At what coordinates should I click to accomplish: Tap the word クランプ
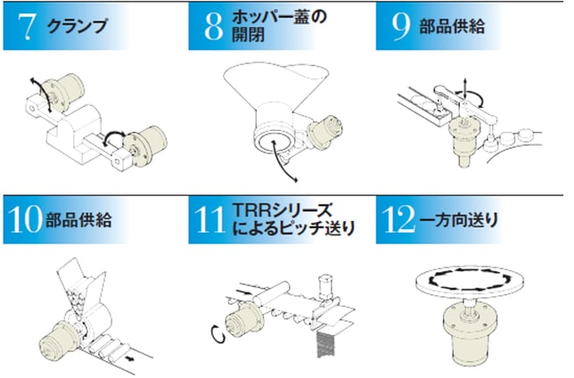point(78,26)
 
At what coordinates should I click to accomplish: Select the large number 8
point(213,27)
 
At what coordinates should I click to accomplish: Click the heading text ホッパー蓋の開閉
point(279,27)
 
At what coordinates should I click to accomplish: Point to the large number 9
point(401,27)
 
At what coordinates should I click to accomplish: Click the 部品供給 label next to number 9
point(452,27)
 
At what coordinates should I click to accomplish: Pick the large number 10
point(25,219)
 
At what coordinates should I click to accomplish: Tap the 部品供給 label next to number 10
point(78,220)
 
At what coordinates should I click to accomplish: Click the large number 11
point(209,219)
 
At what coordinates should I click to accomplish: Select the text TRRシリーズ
point(283,210)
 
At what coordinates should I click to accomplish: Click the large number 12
point(398,219)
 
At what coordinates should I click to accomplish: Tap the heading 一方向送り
point(458,220)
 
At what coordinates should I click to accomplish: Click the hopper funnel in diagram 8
point(275,86)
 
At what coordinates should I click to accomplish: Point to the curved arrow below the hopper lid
point(281,161)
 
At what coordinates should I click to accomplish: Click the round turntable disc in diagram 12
point(470,283)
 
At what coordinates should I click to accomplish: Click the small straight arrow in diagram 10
point(128,357)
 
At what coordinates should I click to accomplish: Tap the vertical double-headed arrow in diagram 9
point(464,88)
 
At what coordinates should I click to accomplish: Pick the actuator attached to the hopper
point(325,131)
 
